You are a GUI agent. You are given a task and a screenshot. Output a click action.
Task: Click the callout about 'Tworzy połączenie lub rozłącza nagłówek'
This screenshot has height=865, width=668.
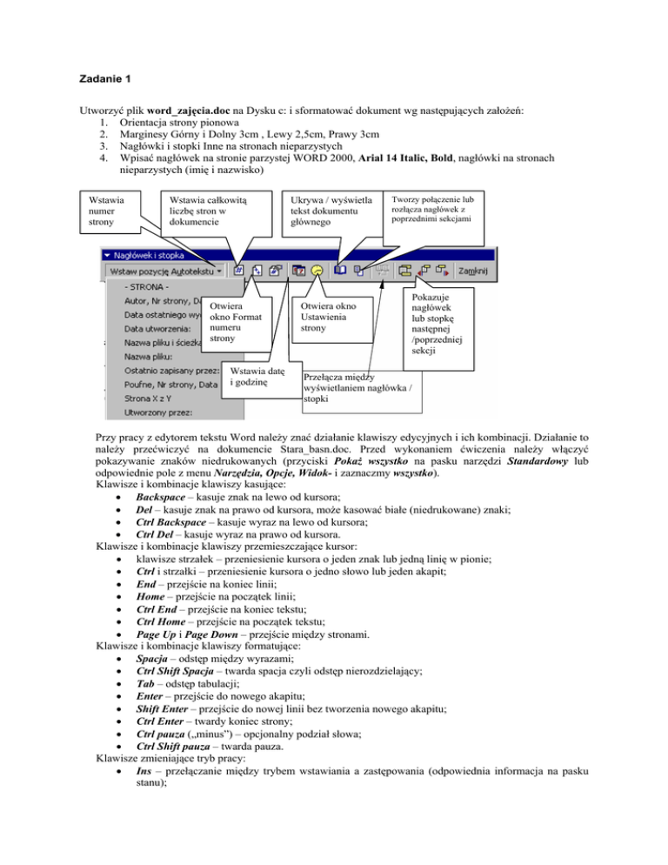tap(431, 207)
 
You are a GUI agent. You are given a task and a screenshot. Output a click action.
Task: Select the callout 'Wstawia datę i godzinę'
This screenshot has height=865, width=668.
tap(253, 378)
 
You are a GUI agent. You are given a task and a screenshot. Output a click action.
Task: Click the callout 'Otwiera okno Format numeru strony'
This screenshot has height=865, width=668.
tap(237, 322)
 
